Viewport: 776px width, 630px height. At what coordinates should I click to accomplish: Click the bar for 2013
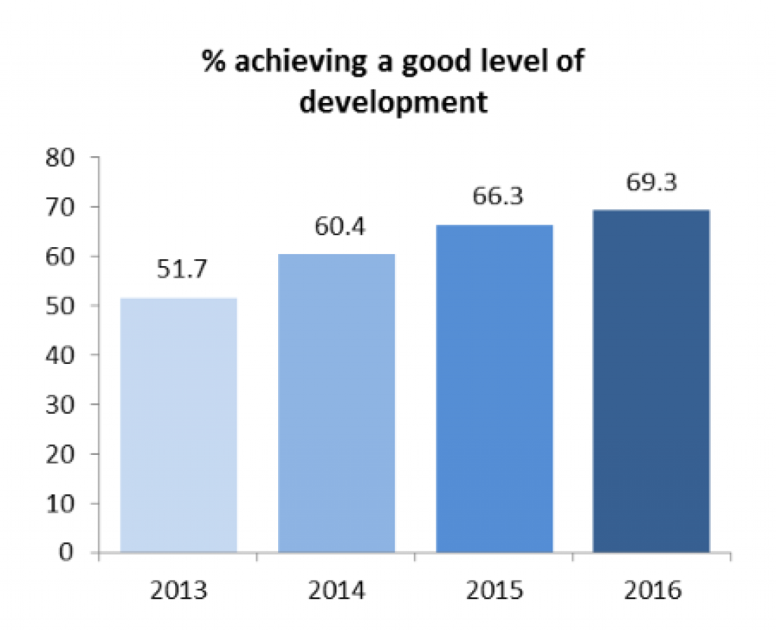[x=179, y=425]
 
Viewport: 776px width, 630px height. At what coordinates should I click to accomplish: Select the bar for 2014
[x=336, y=403]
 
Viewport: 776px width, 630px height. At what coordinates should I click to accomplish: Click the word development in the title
[x=393, y=101]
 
